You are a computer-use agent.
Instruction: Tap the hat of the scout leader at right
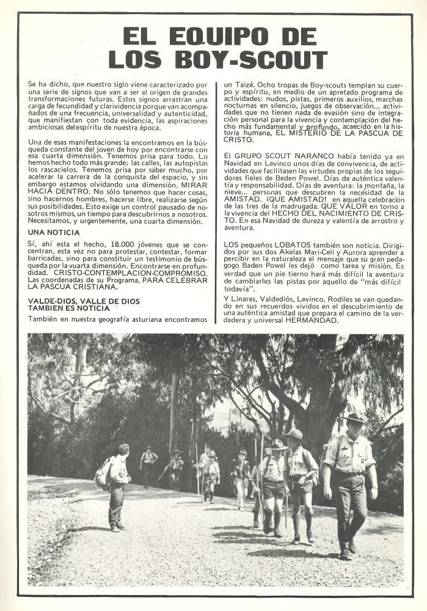click(355, 418)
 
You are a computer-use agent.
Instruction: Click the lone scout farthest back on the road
click(148, 463)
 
